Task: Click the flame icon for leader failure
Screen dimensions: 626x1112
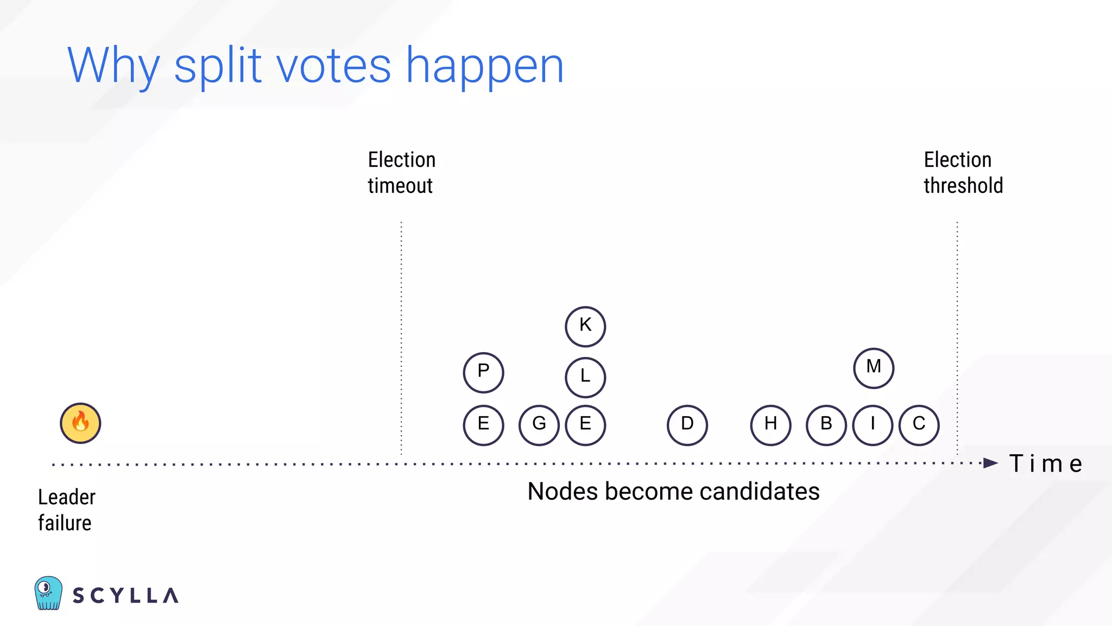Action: pos(80,423)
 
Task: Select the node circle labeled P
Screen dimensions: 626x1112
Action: pos(483,373)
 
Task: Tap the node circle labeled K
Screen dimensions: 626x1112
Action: pos(585,327)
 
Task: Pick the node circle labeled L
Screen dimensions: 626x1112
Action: pos(585,377)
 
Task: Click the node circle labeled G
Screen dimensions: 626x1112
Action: pos(539,425)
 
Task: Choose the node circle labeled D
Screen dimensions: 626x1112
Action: pos(687,425)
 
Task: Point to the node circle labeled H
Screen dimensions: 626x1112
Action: pos(770,425)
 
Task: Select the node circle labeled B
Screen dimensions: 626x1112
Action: pos(826,425)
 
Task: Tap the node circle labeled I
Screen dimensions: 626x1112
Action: pos(873,425)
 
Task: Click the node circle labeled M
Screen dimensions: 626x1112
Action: pos(874,368)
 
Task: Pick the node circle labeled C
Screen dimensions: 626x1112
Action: pos(919,425)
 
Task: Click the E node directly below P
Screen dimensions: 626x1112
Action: pos(483,425)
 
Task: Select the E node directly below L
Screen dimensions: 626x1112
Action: pos(585,425)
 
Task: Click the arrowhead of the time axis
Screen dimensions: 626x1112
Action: pos(991,464)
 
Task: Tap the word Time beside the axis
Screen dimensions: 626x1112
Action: pos(1045,464)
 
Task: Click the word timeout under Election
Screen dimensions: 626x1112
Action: pos(400,186)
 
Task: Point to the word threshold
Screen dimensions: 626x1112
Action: pos(963,186)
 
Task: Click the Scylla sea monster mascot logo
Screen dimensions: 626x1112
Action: pos(48,593)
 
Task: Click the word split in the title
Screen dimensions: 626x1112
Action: pos(218,66)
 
